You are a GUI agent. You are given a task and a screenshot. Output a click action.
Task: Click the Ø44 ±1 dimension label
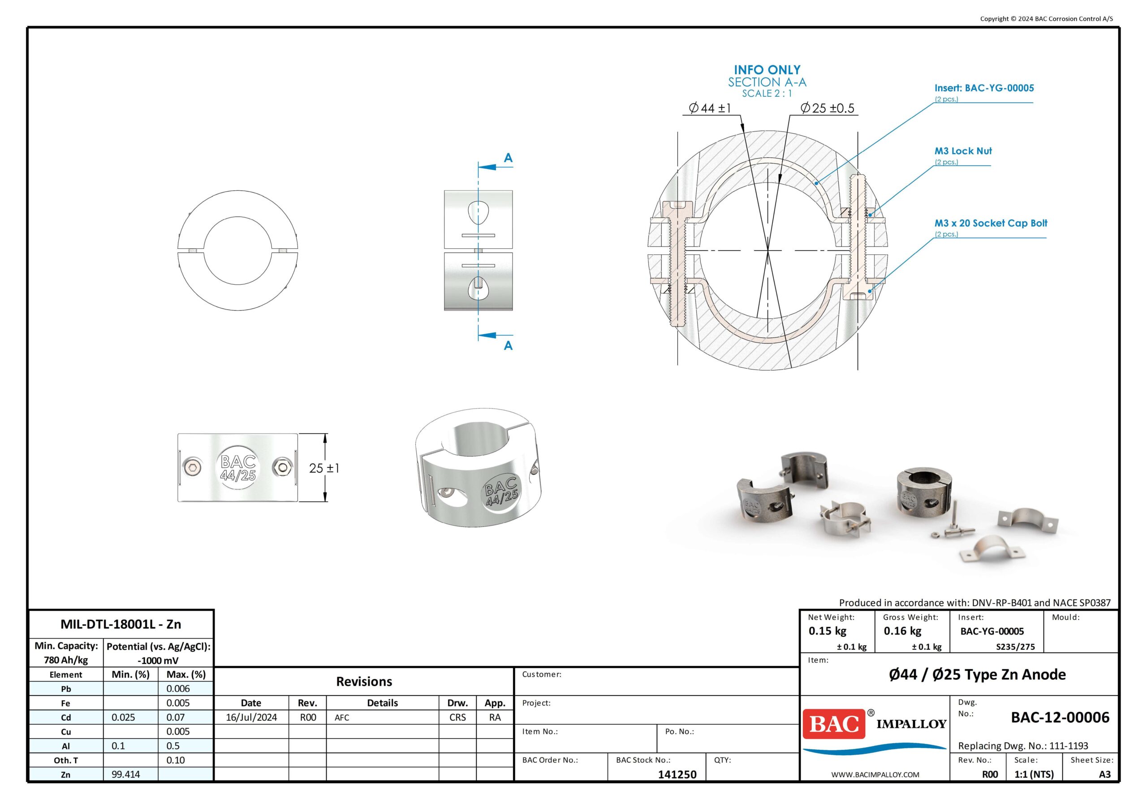(710, 108)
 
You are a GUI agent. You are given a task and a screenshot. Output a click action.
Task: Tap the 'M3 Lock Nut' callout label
(963, 151)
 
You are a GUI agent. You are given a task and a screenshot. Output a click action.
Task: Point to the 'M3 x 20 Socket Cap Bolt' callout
(991, 223)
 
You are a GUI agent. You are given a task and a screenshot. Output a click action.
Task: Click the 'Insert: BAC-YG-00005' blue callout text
(984, 88)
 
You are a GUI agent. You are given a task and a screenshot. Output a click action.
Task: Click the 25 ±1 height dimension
(324, 468)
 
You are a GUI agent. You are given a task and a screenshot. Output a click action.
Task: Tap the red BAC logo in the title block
(834, 723)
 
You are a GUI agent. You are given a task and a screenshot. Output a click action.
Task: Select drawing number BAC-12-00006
(1060, 718)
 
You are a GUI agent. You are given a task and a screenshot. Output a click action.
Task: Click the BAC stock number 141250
(677, 774)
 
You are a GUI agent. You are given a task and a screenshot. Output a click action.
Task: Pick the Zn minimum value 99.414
(126, 774)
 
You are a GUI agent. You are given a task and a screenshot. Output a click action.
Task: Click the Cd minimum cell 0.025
(123, 717)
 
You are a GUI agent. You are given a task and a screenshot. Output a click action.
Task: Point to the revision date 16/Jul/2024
(251, 717)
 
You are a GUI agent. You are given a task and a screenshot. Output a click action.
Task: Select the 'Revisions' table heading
(364, 682)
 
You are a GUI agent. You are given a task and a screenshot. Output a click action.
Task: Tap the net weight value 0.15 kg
(828, 631)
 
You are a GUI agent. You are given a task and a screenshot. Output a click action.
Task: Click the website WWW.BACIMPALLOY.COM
(875, 774)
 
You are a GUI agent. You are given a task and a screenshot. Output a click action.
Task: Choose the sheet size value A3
(1104, 774)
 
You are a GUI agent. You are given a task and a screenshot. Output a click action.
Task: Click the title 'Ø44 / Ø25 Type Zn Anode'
(977, 674)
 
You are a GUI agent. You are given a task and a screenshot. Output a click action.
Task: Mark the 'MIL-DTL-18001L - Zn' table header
(121, 624)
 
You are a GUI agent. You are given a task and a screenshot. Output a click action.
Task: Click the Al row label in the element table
(65, 746)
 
